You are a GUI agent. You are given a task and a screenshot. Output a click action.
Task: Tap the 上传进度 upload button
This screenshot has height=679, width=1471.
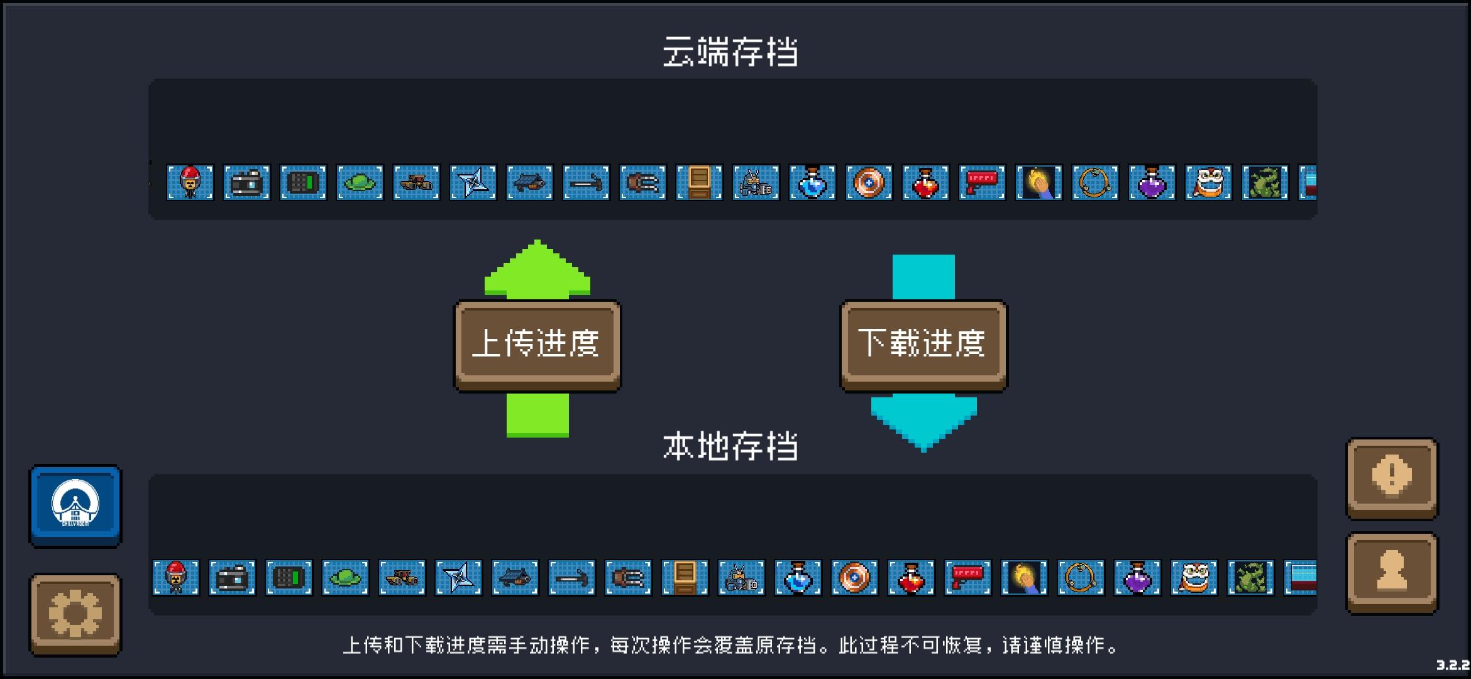[x=537, y=346]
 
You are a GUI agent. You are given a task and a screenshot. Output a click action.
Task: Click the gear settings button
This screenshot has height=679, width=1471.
[x=75, y=614]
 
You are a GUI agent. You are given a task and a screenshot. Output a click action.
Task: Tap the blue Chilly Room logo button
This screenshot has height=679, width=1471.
[x=75, y=505]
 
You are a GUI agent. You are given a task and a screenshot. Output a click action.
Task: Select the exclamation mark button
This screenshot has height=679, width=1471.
[x=1392, y=478]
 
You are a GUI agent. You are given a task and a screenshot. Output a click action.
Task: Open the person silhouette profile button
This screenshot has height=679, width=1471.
[x=1392, y=572]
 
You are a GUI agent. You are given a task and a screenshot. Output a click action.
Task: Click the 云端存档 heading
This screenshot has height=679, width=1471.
[x=730, y=52]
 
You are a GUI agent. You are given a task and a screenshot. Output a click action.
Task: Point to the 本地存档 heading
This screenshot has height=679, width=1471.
[x=730, y=446]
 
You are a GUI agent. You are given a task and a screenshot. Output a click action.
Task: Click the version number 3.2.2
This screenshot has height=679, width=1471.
[x=1453, y=665]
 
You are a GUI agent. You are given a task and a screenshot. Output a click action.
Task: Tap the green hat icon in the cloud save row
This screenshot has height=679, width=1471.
[x=360, y=182]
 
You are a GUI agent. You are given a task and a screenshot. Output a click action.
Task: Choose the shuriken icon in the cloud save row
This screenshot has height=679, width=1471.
[x=473, y=182]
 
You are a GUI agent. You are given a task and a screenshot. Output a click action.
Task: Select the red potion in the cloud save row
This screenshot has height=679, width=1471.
[x=925, y=182]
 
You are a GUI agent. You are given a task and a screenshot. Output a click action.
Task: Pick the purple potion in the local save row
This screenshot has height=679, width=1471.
[x=1137, y=577]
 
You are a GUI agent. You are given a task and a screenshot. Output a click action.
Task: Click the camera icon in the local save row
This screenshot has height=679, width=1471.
[x=232, y=577]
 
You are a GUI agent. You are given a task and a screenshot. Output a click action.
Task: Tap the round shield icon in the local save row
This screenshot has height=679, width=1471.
[x=854, y=577]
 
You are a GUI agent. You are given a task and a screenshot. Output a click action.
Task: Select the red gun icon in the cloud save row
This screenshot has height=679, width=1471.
[x=982, y=182]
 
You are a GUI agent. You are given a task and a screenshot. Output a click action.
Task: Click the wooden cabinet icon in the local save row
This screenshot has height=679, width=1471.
[x=685, y=577]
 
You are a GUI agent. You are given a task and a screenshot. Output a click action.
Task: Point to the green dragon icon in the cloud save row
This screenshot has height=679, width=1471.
[x=1265, y=182]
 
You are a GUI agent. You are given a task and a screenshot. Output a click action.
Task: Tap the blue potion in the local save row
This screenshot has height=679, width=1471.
[x=798, y=577]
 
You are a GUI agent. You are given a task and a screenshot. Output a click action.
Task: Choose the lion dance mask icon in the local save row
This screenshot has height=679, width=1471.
[x=1194, y=577]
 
